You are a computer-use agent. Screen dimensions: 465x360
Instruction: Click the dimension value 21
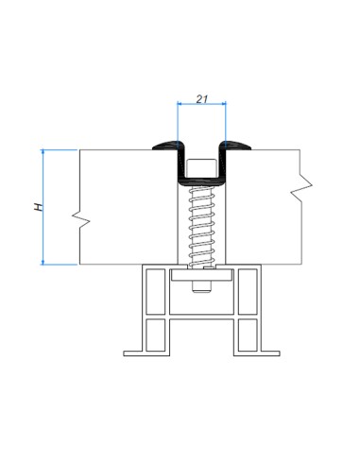pyautogui.click(x=202, y=96)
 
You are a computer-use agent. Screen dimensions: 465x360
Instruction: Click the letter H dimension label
pyautogui.click(x=36, y=205)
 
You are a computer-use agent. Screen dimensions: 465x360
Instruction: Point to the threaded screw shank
pyautogui.click(x=201, y=222)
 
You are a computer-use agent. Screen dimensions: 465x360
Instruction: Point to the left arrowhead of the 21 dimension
pyautogui.click(x=180, y=108)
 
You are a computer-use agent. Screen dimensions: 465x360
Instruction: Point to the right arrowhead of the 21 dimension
pyautogui.click(x=223, y=108)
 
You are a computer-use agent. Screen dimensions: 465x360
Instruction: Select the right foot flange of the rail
pyautogui.click(x=269, y=353)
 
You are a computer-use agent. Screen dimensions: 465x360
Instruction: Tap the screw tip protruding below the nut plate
pyautogui.click(x=201, y=287)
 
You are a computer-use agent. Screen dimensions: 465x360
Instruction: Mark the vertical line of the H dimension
pyautogui.click(x=44, y=217)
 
